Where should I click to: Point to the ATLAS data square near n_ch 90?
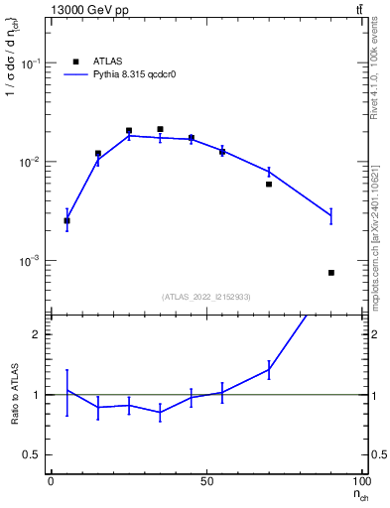click(331, 272)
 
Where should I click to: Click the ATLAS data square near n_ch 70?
click(269, 184)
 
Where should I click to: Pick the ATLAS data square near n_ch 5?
click(66, 220)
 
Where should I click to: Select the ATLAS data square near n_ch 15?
click(98, 154)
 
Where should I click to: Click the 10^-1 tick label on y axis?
click(33, 63)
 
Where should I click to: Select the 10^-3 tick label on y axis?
click(33, 261)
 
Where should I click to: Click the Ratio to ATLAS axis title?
click(15, 395)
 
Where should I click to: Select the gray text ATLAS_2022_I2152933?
click(206, 297)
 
